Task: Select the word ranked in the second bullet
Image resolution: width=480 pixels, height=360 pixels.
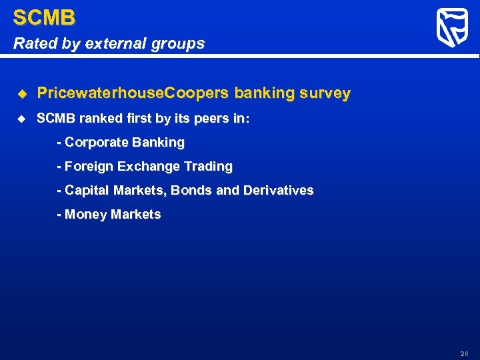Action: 99,119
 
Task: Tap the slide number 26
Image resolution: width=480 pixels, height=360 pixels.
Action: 464,353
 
